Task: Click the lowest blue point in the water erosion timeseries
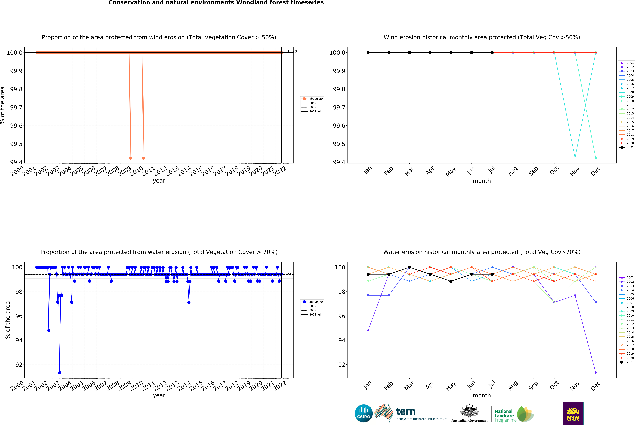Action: pyautogui.click(x=60, y=373)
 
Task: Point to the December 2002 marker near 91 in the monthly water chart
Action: pyautogui.click(x=596, y=373)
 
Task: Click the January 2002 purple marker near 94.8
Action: pyautogui.click(x=368, y=330)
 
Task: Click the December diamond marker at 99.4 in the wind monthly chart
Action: pyautogui.click(x=596, y=158)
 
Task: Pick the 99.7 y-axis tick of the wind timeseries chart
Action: pyautogui.click(x=16, y=107)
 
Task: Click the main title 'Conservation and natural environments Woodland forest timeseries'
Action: pyautogui.click(x=216, y=3)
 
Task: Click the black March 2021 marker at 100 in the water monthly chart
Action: pyautogui.click(x=409, y=267)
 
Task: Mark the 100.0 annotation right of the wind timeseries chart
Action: pyautogui.click(x=292, y=51)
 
